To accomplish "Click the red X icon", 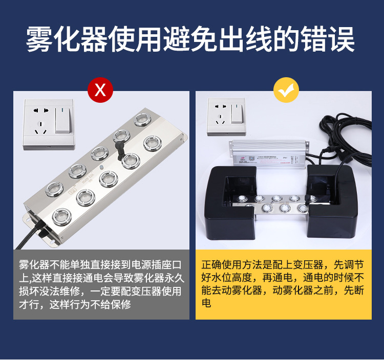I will (100, 91).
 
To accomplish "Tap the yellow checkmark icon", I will (286, 91).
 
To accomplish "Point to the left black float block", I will (231, 205).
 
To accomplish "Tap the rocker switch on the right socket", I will (237, 112).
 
